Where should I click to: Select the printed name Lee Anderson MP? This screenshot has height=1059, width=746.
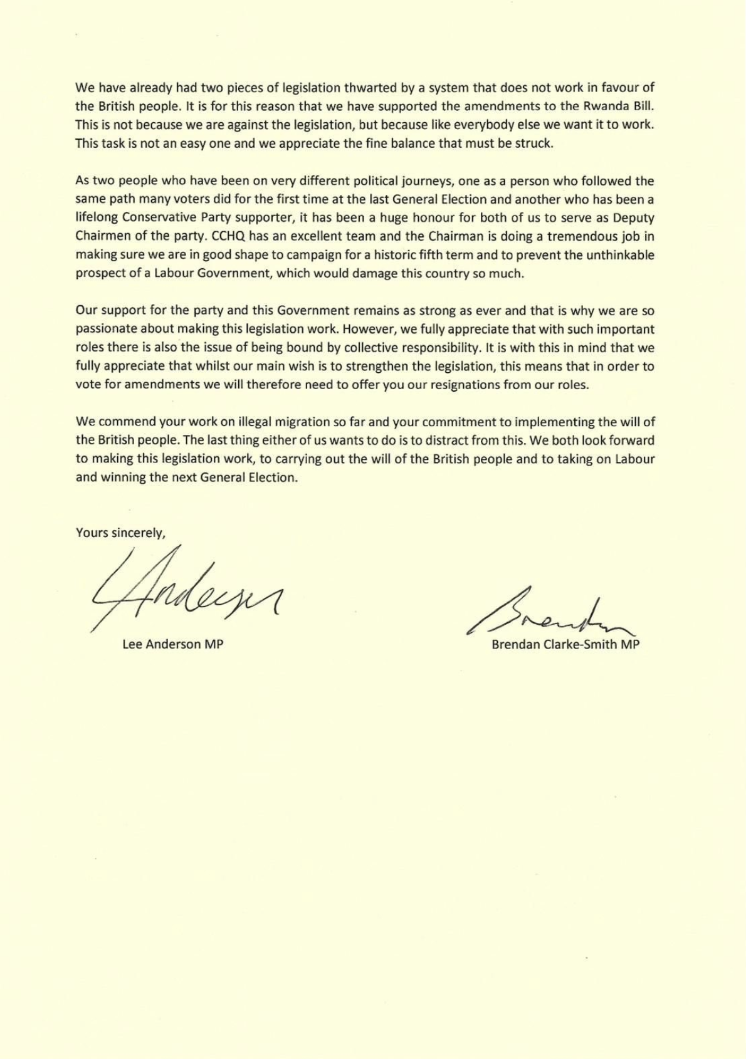(x=173, y=644)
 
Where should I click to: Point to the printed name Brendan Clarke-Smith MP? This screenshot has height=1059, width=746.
(x=565, y=644)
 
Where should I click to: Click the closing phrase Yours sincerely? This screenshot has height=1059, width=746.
(x=120, y=533)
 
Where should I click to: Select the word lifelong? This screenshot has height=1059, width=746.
(x=97, y=218)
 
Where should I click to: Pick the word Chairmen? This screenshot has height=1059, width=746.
(x=102, y=237)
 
